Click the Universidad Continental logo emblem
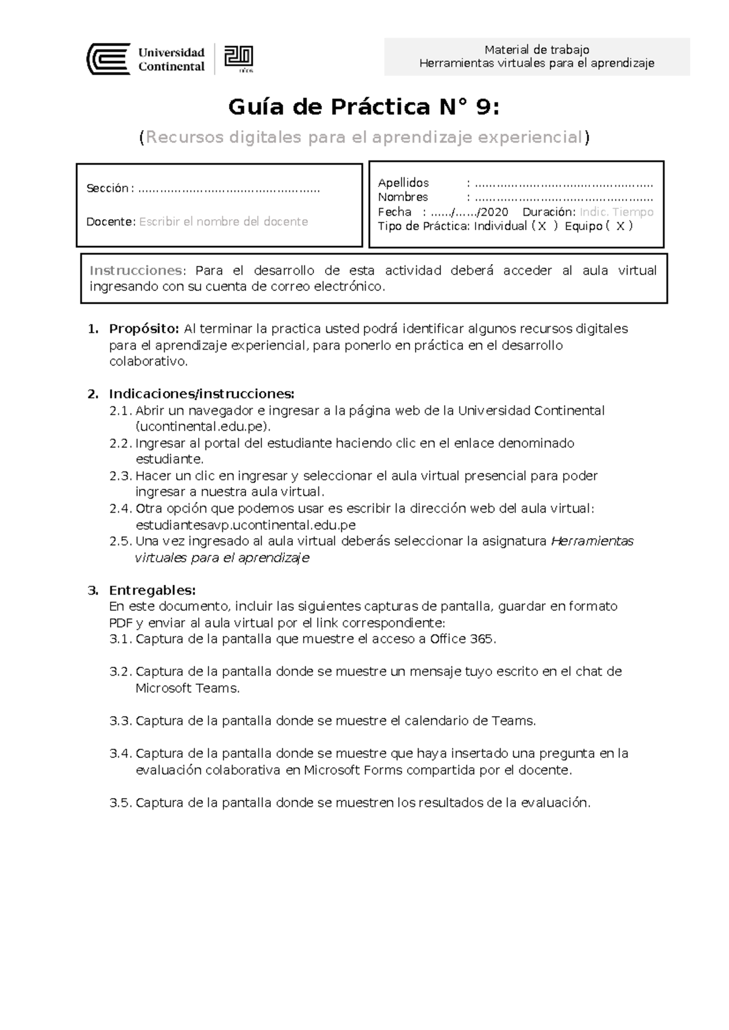(108, 59)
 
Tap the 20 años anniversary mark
(239, 59)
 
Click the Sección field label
(108, 189)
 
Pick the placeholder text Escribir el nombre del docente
(223, 222)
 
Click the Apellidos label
(403, 183)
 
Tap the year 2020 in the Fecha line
(495, 212)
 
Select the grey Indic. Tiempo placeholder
(616, 212)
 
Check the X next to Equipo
(620, 227)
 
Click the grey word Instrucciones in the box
(135, 270)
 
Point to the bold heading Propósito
(143, 329)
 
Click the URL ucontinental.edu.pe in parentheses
(202, 427)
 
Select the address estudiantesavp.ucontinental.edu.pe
(245, 525)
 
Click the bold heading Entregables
(152, 590)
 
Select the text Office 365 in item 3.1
(462, 639)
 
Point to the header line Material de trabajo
(536, 50)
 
